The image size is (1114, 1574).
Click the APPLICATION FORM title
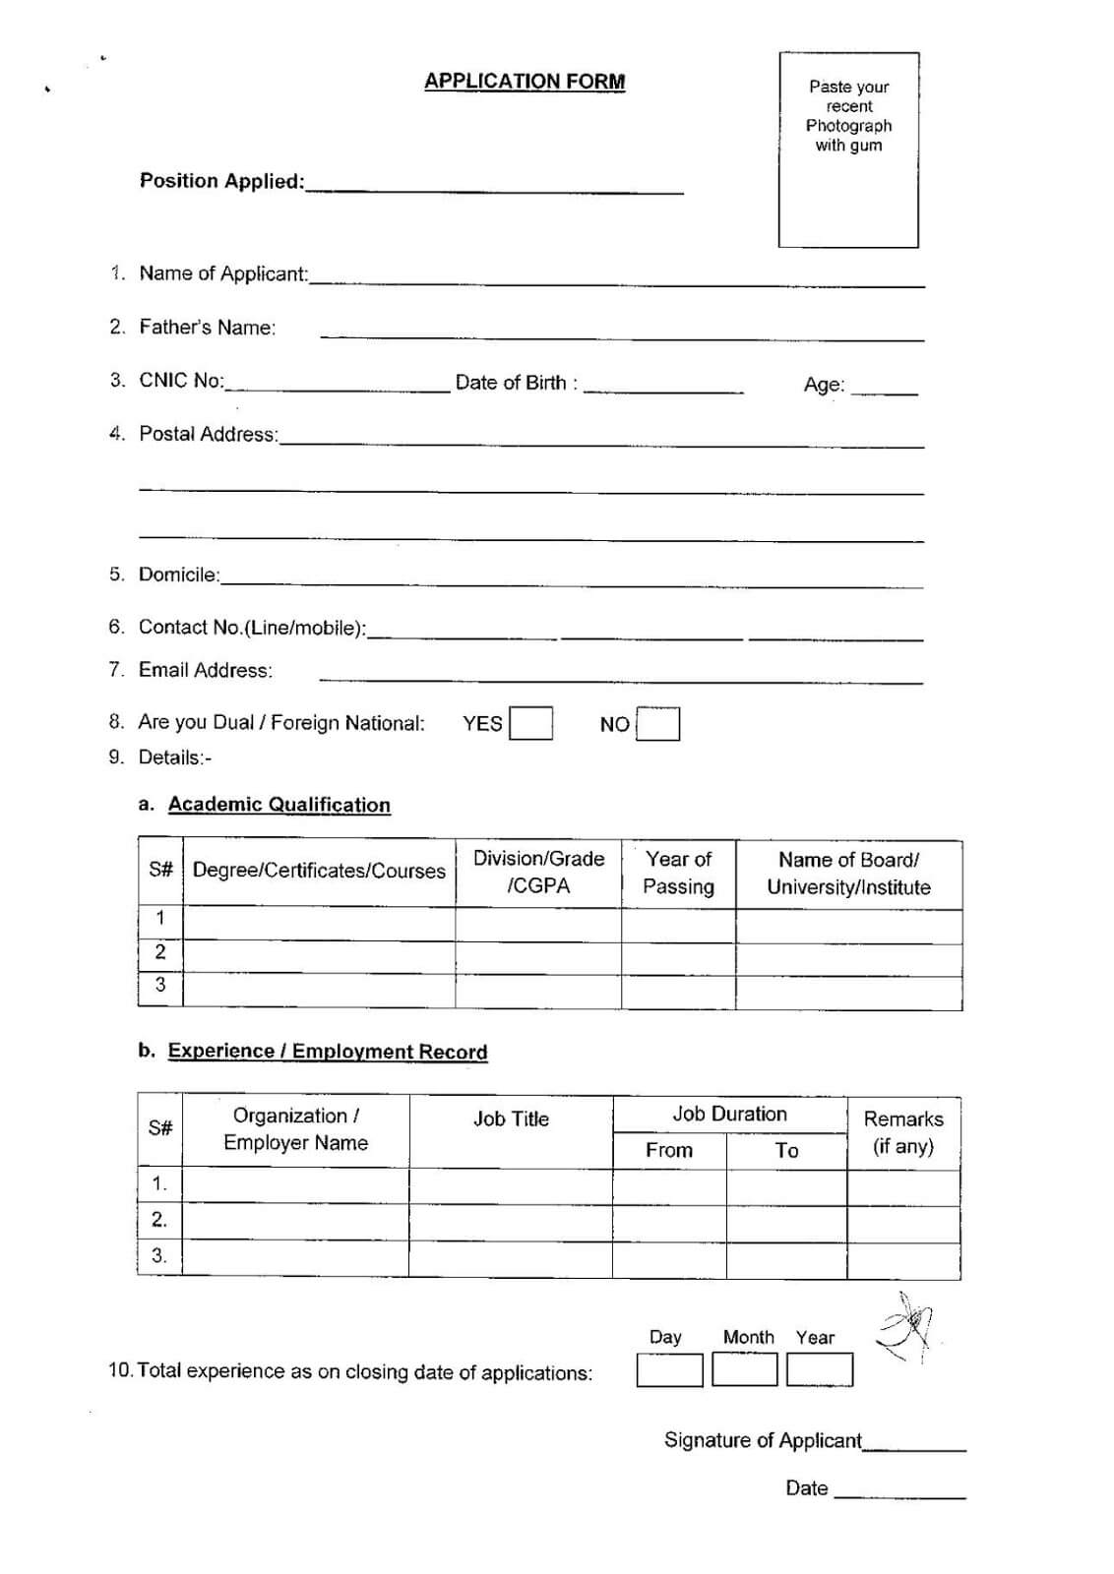pyautogui.click(x=525, y=82)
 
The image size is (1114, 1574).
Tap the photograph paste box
pyautogui.click(x=848, y=150)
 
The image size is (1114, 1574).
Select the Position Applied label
pyautogui.click(x=221, y=181)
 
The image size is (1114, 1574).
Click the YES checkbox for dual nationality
pyautogui.click(x=530, y=724)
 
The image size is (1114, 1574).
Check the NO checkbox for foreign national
pyautogui.click(x=657, y=724)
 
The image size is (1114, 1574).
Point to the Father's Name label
pyautogui.click(x=207, y=328)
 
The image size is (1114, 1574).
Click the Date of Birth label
pyautogui.click(x=516, y=383)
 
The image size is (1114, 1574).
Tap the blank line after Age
pyautogui.click(x=884, y=390)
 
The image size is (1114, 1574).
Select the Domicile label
pyautogui.click(x=179, y=575)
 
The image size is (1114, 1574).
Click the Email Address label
pyautogui.click(x=205, y=670)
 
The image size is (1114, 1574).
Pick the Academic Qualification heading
pyautogui.click(x=278, y=805)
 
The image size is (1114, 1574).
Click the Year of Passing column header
pyautogui.click(x=678, y=873)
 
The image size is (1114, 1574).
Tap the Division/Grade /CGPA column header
pyautogui.click(x=538, y=872)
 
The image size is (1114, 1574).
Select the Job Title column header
pyautogui.click(x=511, y=1119)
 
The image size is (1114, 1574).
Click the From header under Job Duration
pyautogui.click(x=669, y=1150)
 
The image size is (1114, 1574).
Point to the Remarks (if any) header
pyautogui.click(x=903, y=1132)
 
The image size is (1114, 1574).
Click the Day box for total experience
pyautogui.click(x=669, y=1369)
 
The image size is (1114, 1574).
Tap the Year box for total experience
pyautogui.click(x=820, y=1369)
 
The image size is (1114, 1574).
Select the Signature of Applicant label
pyautogui.click(x=763, y=1440)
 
